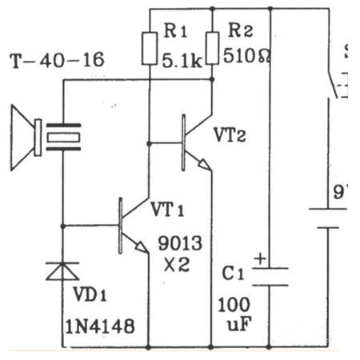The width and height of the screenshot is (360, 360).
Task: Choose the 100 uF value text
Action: pyautogui.click(x=231, y=315)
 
